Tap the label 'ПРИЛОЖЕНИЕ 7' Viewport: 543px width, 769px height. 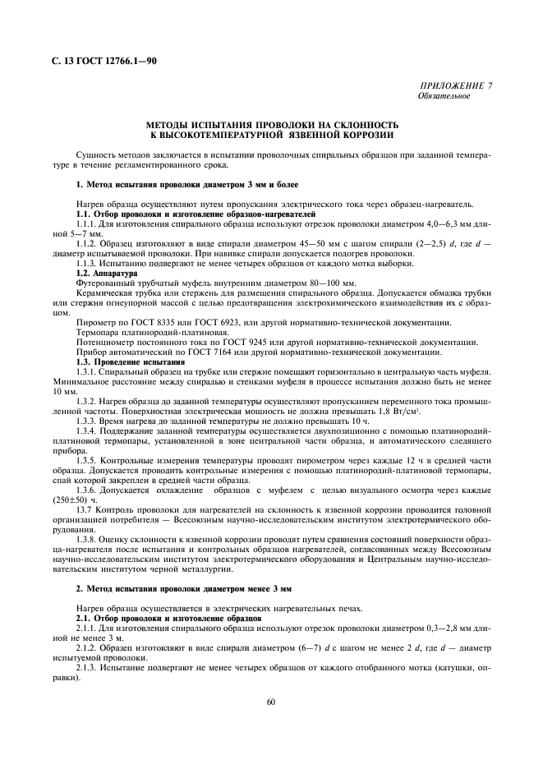(459, 85)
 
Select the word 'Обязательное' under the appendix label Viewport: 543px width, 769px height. (444, 96)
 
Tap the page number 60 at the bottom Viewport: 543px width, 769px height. (271, 701)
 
